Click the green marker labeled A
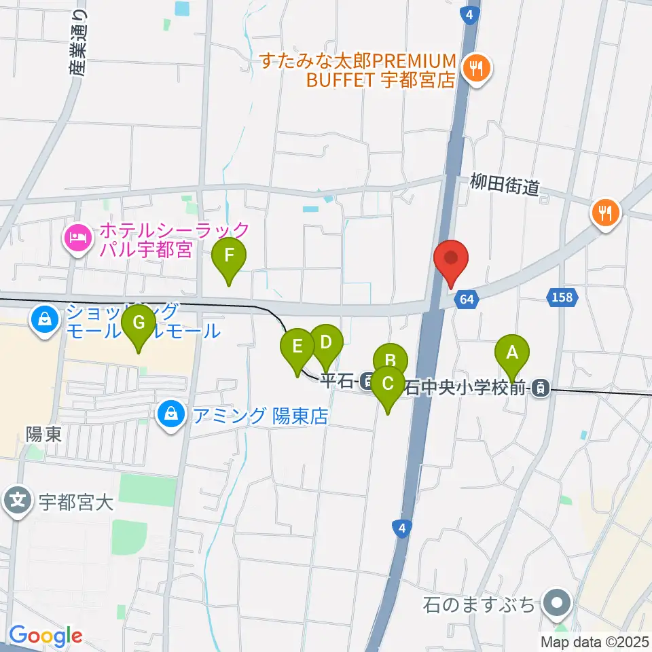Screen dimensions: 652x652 point(512,353)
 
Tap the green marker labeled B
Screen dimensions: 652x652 point(390,361)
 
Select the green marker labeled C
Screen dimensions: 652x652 point(387,384)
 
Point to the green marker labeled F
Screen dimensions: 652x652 point(229,257)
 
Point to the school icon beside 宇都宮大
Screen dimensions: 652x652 point(18,502)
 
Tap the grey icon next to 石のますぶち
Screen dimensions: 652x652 point(558,602)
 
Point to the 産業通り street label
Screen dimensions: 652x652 point(79,41)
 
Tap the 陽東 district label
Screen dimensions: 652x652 point(44,435)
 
